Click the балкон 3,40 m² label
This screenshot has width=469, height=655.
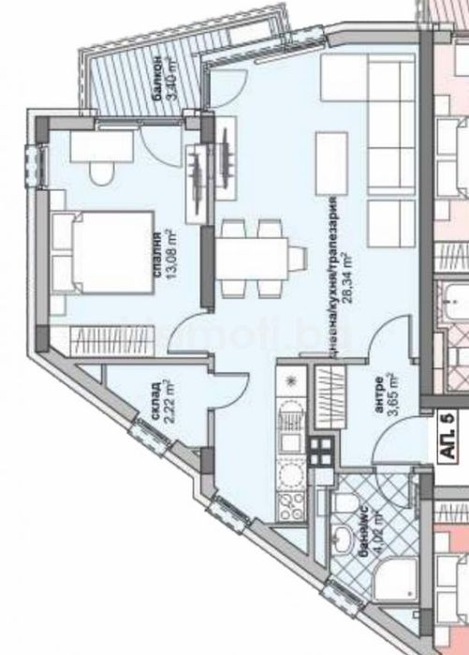[x=175, y=91]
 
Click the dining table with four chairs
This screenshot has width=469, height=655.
[x=254, y=256]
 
